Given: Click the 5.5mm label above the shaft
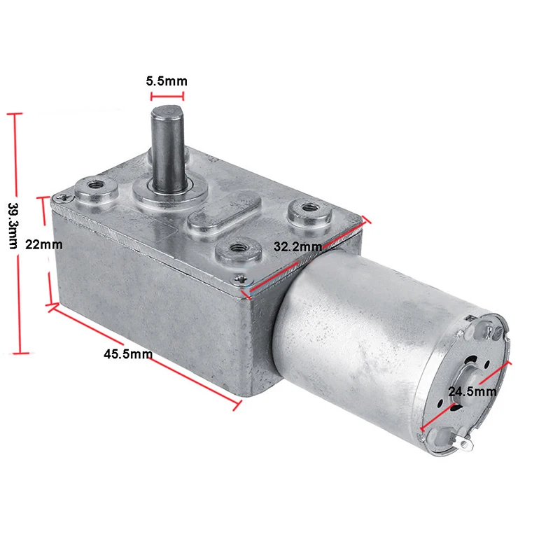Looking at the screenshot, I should [166, 81].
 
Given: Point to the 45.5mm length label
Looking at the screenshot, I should [128, 354].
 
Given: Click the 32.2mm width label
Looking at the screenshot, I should [297, 246].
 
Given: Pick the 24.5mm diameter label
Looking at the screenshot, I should [472, 391].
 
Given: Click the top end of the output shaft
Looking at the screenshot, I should [165, 113].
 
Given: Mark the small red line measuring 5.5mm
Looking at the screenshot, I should [166, 97].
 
